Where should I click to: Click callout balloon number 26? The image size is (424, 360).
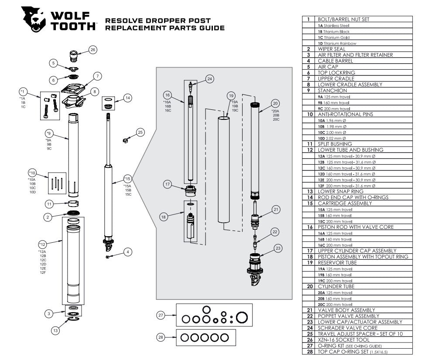(x=93, y=50)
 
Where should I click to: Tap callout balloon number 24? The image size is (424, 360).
(x=210, y=79)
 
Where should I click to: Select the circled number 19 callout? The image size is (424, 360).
(x=231, y=96)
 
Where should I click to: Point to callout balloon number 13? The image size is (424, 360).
(x=55, y=331)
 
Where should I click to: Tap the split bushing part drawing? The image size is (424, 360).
(x=73, y=204)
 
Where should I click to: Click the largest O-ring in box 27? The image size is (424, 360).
(x=241, y=318)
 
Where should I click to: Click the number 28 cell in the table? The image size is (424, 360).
(x=308, y=351)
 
